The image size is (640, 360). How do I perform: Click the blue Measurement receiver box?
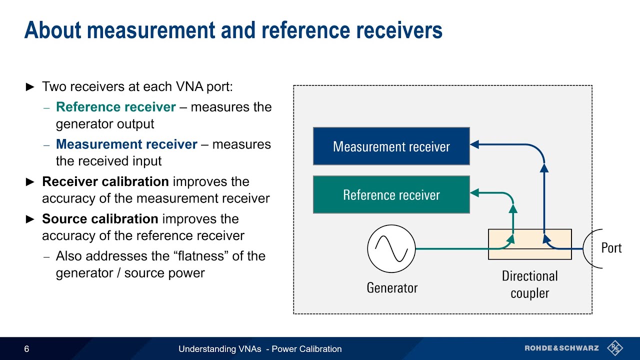tap(391, 146)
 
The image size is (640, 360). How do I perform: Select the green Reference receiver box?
tap(391, 194)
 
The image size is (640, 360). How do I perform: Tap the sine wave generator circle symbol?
tap(391, 248)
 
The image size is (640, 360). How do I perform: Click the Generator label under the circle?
tap(392, 288)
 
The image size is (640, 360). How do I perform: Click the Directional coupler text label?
tap(529, 284)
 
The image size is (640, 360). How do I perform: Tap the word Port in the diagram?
tap(611, 248)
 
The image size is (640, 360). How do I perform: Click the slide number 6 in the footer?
tap(26, 349)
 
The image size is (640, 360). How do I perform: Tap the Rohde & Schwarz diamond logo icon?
tap(614, 348)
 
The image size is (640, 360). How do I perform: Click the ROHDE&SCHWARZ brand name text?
tap(561, 348)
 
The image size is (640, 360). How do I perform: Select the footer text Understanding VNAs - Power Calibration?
tap(260, 349)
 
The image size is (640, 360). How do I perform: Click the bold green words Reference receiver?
tap(115, 107)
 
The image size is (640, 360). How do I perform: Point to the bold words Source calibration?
tap(100, 219)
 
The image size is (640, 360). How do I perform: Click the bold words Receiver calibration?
tap(105, 181)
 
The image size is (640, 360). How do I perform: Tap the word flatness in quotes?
tap(214, 256)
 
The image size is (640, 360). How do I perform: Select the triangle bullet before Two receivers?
tap(30, 87)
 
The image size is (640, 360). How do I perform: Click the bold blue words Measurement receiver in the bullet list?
tap(126, 144)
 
